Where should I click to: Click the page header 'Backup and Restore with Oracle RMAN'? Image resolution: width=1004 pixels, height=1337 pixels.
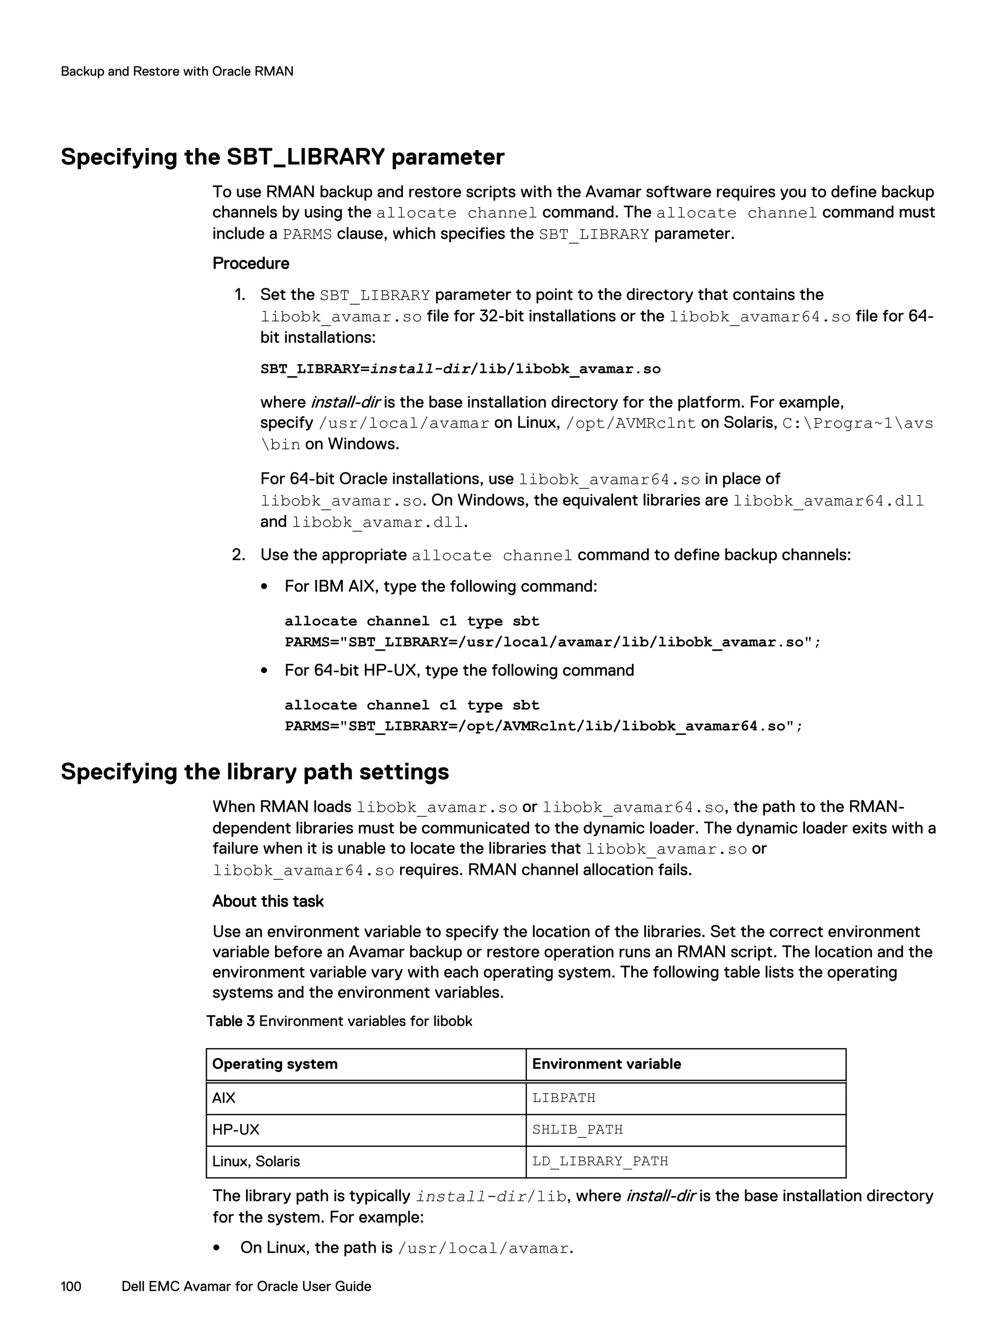click(177, 71)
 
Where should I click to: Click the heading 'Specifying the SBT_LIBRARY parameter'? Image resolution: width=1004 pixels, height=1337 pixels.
click(282, 157)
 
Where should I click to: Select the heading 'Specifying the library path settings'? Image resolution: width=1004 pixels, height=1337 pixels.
click(254, 772)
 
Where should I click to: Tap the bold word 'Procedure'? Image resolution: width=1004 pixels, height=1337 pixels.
click(251, 263)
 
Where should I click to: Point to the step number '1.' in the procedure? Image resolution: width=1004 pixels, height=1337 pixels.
click(240, 295)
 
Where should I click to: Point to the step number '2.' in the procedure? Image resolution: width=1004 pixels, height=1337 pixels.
click(239, 555)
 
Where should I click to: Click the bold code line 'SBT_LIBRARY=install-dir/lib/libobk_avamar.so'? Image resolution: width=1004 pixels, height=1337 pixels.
click(460, 368)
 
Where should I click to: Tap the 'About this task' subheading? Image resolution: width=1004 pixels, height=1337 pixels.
click(268, 901)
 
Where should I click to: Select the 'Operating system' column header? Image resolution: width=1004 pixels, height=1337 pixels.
click(275, 1064)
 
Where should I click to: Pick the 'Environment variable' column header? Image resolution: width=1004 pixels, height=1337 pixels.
click(606, 1064)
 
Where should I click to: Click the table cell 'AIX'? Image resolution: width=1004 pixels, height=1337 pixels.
click(224, 1098)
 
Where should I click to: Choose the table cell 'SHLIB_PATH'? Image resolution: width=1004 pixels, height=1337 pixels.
click(577, 1129)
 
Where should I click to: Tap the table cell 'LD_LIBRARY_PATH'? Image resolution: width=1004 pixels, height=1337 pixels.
click(600, 1161)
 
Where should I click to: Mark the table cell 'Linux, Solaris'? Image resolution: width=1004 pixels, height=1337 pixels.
click(256, 1161)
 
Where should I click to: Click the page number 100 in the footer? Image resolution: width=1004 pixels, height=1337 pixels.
click(71, 1286)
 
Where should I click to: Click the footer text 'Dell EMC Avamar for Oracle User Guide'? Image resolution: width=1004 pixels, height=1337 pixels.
click(246, 1286)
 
